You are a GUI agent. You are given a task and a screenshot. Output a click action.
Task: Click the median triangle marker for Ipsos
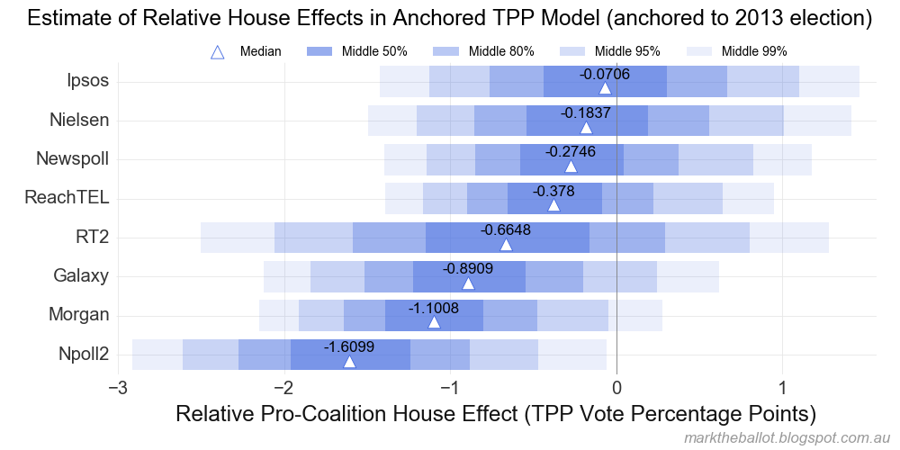605,87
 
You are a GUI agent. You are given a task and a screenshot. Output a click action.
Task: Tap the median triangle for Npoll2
349,361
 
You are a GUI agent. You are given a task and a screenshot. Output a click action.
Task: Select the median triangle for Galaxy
468,283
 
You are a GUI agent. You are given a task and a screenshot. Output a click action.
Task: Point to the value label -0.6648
506,229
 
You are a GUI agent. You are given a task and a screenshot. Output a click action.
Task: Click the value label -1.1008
434,308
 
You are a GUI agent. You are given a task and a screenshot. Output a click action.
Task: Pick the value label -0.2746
571,151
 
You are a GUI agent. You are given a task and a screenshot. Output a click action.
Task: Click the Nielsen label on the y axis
79,120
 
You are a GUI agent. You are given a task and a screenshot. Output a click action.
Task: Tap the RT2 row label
93,238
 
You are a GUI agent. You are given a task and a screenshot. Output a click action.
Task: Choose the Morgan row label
81,315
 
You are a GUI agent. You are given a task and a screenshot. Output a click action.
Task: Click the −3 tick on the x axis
117,388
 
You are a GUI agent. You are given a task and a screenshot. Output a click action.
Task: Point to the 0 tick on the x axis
616,388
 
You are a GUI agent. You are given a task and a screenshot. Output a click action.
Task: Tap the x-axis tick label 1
783,388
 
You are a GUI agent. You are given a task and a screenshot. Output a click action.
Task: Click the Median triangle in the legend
217,52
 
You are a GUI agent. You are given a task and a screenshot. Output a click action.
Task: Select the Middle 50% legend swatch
320,52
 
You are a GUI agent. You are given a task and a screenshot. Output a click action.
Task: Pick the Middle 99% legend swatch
699,52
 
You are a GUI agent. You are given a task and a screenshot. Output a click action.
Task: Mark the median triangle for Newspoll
571,166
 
